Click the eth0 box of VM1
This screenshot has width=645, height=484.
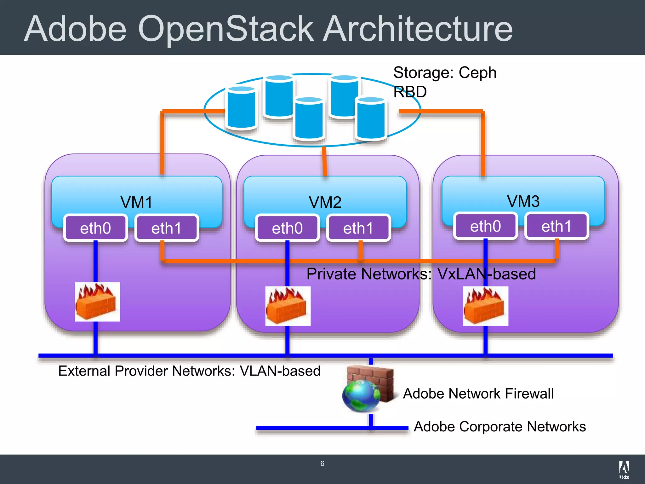point(95,228)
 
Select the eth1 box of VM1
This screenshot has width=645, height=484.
point(167,228)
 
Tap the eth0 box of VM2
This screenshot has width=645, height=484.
point(287,228)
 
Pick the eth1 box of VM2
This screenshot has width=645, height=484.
point(358,228)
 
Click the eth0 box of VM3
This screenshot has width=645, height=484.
point(485,226)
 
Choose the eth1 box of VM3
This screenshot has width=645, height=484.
point(557,226)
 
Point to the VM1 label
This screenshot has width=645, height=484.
point(136,202)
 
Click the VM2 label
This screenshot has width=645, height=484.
point(325,202)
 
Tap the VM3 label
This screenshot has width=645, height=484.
point(523,201)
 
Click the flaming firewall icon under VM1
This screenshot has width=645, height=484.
point(97,302)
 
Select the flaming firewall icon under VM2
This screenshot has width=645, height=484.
point(288,306)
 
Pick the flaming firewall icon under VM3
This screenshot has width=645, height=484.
point(485,306)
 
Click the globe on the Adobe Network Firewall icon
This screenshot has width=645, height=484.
point(361,396)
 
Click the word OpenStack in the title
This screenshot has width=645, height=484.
point(225,29)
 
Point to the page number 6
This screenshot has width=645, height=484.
point(322,463)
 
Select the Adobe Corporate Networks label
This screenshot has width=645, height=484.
point(499,427)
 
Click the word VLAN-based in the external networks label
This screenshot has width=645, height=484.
point(280,371)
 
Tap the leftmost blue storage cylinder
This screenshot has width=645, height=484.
point(241,107)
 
